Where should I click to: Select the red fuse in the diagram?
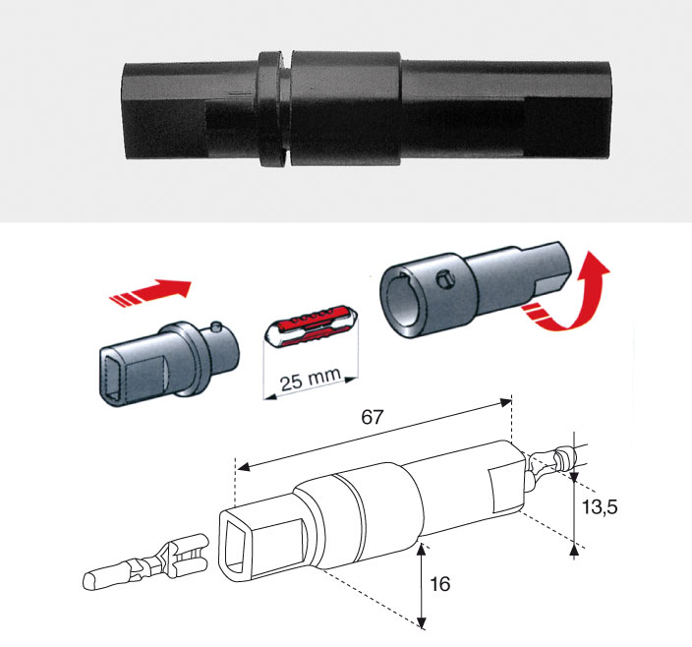click(x=312, y=325)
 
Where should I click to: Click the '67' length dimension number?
click(x=372, y=417)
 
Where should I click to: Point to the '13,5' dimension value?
click(x=600, y=507)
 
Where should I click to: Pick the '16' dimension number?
click(x=440, y=584)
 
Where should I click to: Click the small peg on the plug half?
click(x=215, y=326)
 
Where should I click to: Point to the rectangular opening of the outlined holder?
click(x=236, y=545)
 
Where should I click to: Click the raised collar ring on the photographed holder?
click(x=270, y=109)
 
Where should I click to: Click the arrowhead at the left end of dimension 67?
click(x=243, y=467)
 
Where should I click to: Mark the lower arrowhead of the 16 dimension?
click(x=422, y=622)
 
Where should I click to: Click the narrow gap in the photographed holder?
click(x=287, y=109)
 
